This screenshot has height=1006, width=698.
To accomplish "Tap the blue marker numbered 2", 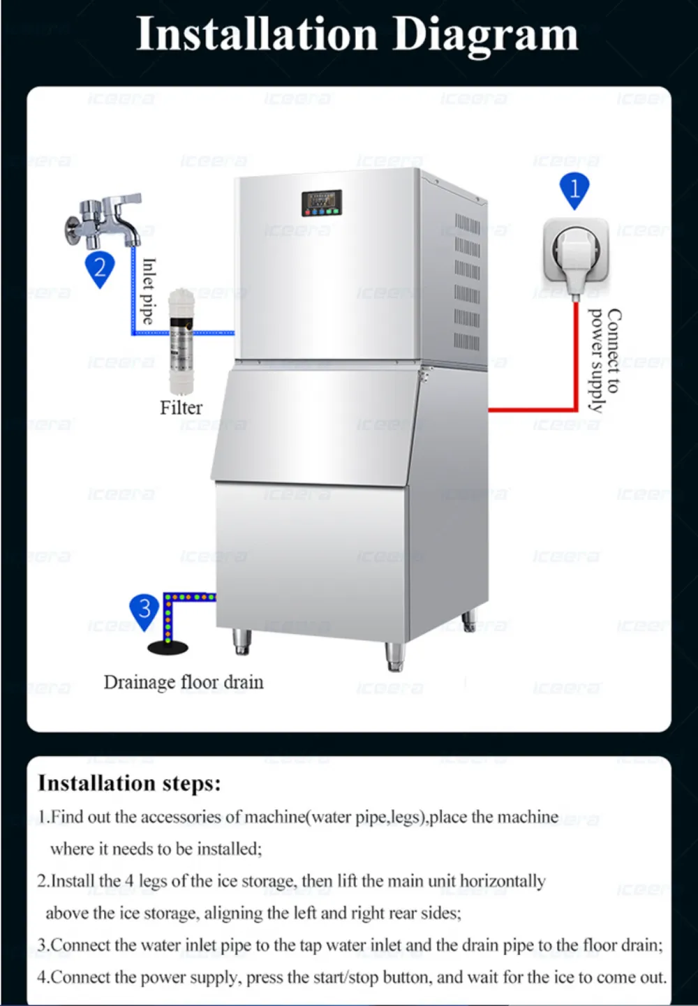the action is click(x=100, y=269).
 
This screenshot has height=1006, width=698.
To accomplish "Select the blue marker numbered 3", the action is click(x=144, y=612).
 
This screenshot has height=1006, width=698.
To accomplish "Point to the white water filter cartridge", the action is click(x=181, y=341).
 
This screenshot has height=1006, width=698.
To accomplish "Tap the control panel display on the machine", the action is click(x=322, y=202).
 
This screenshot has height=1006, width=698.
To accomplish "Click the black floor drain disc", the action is click(x=168, y=647).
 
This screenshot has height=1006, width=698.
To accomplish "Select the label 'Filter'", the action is click(x=181, y=408).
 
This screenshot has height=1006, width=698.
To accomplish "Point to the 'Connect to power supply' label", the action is click(x=605, y=360).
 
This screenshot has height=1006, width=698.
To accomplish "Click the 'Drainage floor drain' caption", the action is click(x=184, y=682).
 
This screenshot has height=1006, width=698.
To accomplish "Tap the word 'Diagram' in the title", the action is click(x=485, y=35).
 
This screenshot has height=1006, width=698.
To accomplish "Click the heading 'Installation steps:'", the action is click(x=129, y=783).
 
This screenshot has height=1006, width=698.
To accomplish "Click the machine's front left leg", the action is click(x=242, y=642).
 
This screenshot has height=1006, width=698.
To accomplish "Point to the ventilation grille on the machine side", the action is click(x=467, y=281).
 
